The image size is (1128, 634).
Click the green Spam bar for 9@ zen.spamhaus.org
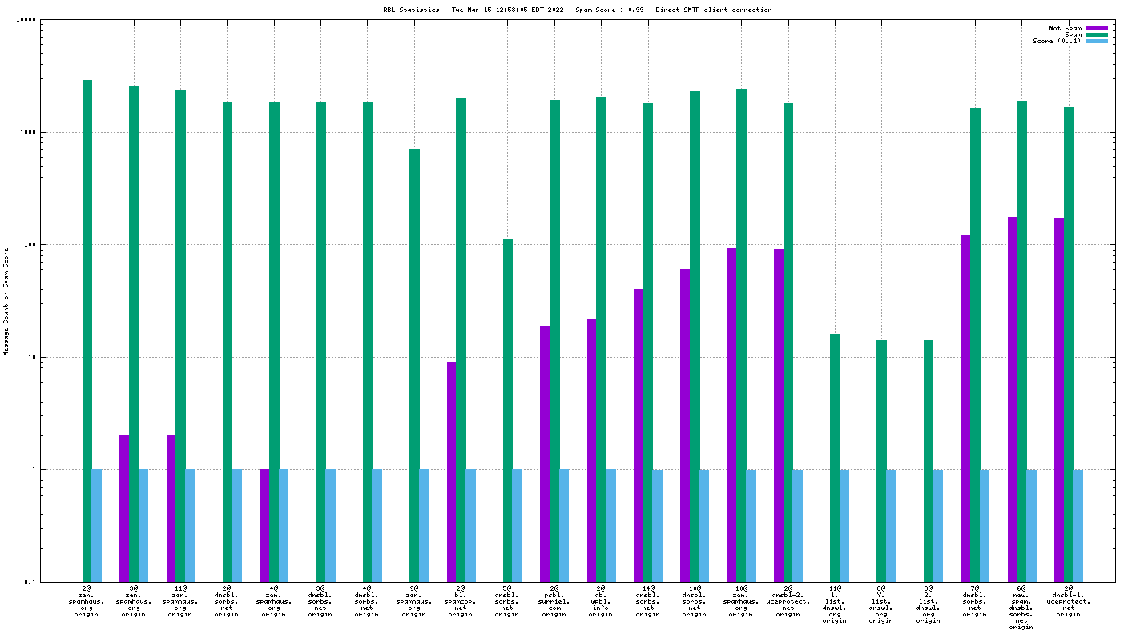tap(414, 365)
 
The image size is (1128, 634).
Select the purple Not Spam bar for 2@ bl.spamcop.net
tap(452, 471)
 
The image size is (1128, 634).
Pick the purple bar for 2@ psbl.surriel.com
tap(545, 453)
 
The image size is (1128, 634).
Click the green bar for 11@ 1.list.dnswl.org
tap(835, 457)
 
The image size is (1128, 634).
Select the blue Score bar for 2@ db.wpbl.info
tap(610, 525)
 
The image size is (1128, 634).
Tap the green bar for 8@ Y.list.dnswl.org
tap(881, 460)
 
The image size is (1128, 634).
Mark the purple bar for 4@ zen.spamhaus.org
tap(264, 525)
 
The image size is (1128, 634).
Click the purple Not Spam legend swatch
tap(1097, 28)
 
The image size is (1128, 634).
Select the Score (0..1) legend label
tap(1057, 41)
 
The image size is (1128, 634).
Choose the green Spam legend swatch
tap(1097, 34)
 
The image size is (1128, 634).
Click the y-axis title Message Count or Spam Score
tap(6, 301)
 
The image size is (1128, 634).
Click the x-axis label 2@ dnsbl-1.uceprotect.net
tap(1068, 600)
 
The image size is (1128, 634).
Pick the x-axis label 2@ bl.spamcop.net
tap(461, 600)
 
